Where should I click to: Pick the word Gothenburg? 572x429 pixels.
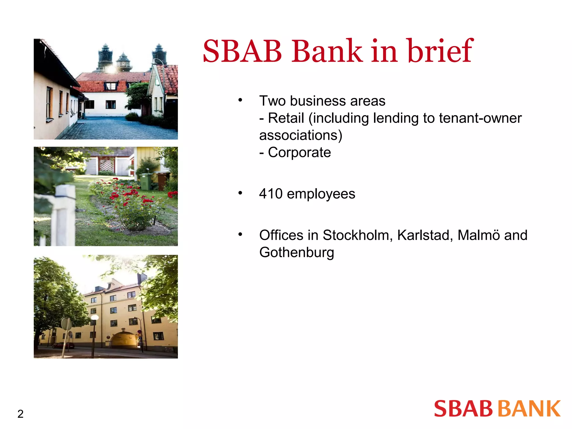[297, 252]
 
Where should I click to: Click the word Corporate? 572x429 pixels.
[299, 152]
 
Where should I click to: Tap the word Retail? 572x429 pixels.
[286, 118]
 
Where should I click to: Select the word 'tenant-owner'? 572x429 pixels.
[480, 118]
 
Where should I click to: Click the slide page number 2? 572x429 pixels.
[20, 414]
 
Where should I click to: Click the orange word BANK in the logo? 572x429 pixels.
[530, 409]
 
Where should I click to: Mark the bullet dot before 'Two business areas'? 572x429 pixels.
[240, 100]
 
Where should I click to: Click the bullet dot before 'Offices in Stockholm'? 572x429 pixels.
[240, 234]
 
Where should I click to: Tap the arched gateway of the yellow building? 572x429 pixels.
[124, 340]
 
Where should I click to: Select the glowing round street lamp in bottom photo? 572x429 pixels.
[95, 318]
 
